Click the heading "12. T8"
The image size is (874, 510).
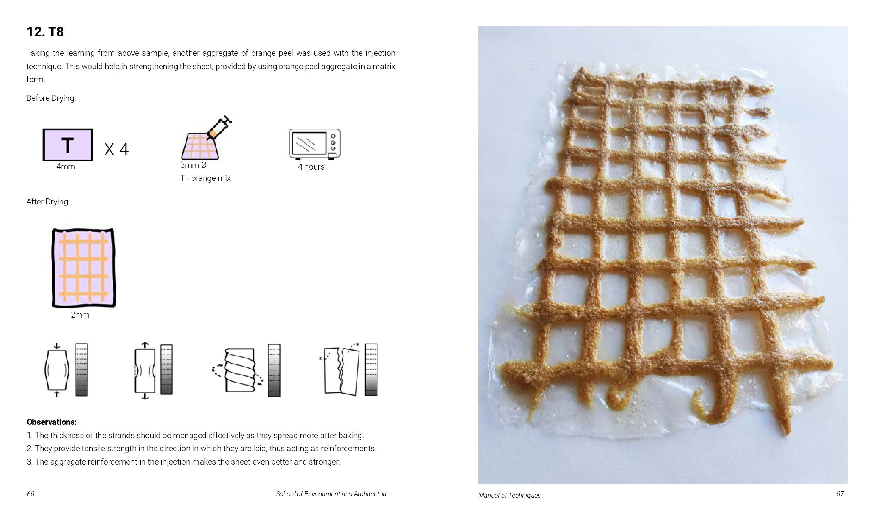(x=45, y=32)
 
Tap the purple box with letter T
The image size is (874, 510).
(x=68, y=145)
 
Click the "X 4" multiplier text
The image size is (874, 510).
(x=117, y=149)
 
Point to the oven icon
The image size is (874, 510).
(x=315, y=144)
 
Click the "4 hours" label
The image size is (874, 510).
(x=311, y=167)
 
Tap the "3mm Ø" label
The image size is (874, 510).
(x=193, y=165)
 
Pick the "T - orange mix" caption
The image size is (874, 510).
(x=205, y=178)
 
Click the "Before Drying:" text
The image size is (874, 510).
(x=51, y=98)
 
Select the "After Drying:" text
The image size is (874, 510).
(x=48, y=202)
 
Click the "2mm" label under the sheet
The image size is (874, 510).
(x=80, y=315)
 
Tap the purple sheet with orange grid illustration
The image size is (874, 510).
(x=83, y=268)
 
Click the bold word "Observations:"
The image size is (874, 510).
(x=52, y=422)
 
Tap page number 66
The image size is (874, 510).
(x=31, y=494)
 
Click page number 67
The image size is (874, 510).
(x=840, y=494)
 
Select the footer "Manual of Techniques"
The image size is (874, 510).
(x=509, y=495)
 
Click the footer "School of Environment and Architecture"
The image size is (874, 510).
(x=332, y=494)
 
